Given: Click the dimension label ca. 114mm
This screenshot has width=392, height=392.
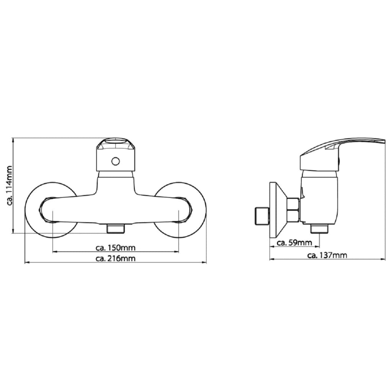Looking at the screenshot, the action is (x=10, y=185).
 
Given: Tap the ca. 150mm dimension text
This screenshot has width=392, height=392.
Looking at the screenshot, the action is (x=116, y=248).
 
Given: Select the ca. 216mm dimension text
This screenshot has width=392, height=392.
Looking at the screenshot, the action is (x=116, y=258).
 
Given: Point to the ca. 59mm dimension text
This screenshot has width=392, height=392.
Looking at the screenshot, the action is (x=294, y=242).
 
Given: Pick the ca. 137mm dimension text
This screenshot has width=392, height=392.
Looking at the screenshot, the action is (x=327, y=255).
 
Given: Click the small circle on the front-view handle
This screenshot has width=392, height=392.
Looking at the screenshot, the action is (x=116, y=161).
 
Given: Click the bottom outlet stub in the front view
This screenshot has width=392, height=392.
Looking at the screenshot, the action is (x=116, y=229).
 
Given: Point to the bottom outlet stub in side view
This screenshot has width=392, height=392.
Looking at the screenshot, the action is (x=319, y=229).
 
